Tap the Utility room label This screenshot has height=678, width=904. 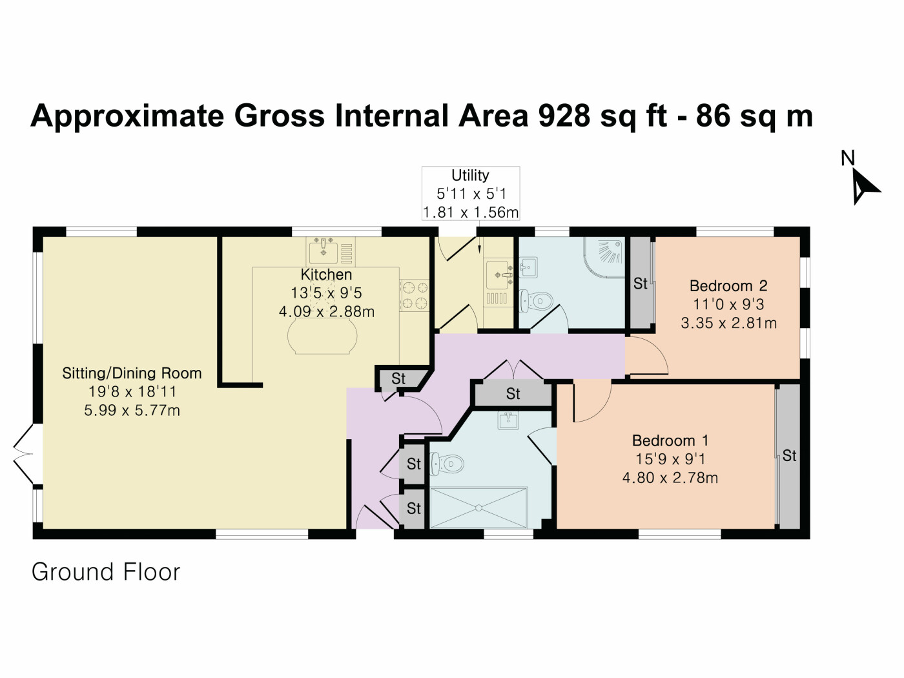470,176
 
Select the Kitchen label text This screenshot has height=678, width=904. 326,274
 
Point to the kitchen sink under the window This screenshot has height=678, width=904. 324,248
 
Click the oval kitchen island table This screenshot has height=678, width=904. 322,336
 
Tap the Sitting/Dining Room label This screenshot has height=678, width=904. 132,373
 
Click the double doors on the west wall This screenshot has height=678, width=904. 25,454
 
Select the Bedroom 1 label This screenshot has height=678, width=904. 670,441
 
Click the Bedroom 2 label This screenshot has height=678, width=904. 728,286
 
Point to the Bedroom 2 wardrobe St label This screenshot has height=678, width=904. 640,283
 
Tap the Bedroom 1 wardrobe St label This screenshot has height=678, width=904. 789,456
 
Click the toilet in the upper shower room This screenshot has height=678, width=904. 537,301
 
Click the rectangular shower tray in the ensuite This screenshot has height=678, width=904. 478,508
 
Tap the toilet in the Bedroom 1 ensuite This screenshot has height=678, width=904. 447,463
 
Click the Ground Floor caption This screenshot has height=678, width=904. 106,572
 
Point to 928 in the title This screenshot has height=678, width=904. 563,116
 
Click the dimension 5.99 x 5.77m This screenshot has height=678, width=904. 132,410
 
